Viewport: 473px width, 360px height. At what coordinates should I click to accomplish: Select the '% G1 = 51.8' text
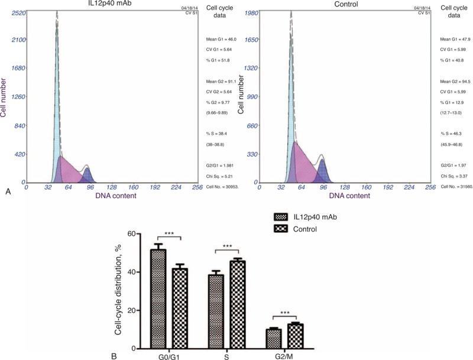tap(212, 60)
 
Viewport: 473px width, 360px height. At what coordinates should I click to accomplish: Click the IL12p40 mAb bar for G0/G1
tap(158, 299)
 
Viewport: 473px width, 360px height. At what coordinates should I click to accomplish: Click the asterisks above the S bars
tap(228, 246)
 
